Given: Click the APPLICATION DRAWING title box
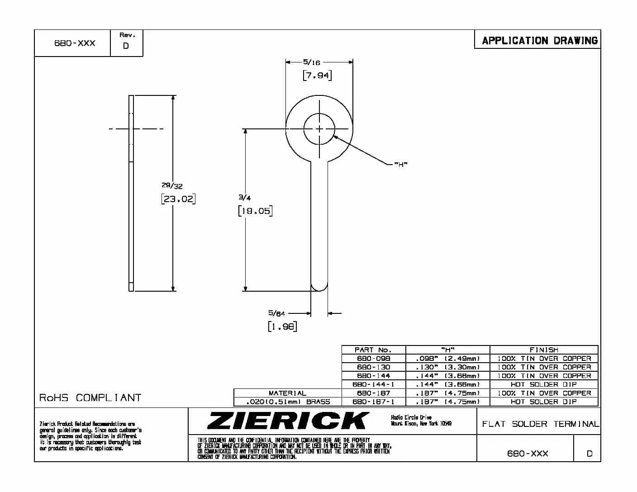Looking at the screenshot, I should tap(539, 41).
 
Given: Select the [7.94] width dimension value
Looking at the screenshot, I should tap(317, 76).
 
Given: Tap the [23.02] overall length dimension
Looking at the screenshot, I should tap(178, 199).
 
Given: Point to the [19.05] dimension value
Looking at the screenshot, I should tap(255, 211).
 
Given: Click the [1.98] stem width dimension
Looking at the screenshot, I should tap(282, 326).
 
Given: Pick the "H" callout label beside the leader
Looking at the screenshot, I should tap(400, 165).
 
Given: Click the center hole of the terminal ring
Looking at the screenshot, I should tap(319, 129).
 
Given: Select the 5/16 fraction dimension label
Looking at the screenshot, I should tap(312, 62).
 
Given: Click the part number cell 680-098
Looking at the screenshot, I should tap(374, 358).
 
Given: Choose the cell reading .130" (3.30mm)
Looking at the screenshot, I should tap(447, 367).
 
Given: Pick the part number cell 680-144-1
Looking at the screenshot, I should tap(374, 384).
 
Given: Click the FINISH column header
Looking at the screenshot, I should tap(544, 350).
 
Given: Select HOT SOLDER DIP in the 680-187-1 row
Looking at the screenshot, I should tap(544, 402).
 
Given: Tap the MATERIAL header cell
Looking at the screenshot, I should tap(287, 393).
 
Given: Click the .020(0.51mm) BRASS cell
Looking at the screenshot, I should tap(287, 402).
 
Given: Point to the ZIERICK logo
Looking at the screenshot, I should tap(288, 421).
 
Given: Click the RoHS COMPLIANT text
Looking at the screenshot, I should tap(90, 398).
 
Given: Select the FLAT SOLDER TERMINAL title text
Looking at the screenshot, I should tap(540, 424).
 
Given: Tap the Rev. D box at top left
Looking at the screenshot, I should tap(126, 42).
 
